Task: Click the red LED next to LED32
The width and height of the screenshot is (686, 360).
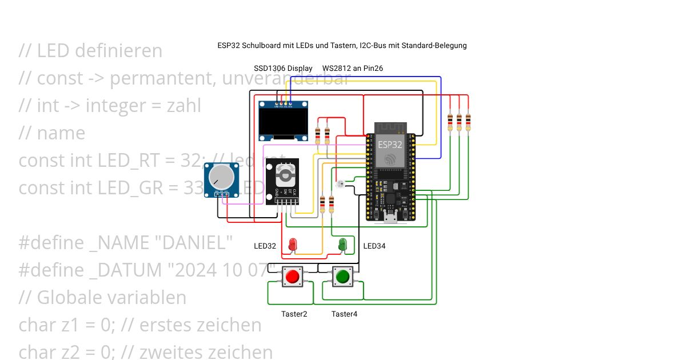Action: point(293,244)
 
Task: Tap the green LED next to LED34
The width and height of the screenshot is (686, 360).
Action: point(342,244)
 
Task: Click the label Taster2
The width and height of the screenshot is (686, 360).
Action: point(294,314)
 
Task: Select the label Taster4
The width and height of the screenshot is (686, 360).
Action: point(344,314)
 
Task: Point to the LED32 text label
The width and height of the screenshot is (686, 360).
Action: point(265,246)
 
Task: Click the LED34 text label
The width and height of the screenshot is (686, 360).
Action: point(374,246)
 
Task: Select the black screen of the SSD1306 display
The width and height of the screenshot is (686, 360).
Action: point(284,122)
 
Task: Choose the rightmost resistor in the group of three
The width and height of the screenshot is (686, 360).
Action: point(468,122)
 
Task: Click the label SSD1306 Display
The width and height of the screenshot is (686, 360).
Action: point(283,68)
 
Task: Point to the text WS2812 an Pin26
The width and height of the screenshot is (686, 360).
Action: point(353,68)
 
